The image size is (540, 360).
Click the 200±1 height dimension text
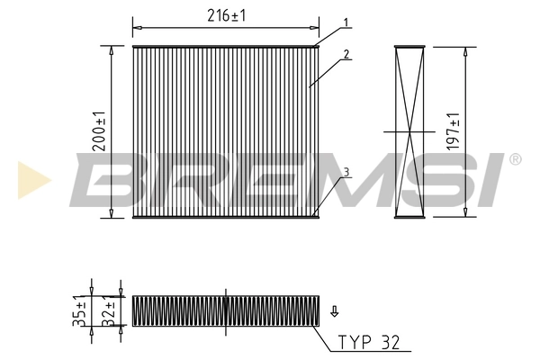[x=100, y=130]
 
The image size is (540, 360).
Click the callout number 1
[x=345, y=22]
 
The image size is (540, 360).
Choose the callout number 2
[x=345, y=54]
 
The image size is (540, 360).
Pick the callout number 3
[x=345, y=172]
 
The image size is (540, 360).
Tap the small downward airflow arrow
[x=335, y=311]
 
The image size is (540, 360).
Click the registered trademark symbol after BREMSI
[x=515, y=159]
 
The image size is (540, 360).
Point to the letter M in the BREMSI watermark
[x=319, y=180]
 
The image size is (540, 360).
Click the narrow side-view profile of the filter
[x=409, y=131]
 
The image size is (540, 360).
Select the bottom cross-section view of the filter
[x=225, y=310]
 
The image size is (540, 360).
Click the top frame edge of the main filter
[x=225, y=46]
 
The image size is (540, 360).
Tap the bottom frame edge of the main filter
[x=225, y=217]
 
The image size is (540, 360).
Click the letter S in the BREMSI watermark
[x=423, y=180]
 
